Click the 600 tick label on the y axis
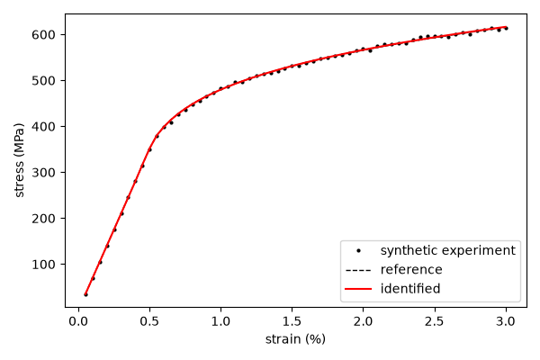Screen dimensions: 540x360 (43, 35)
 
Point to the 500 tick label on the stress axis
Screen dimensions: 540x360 (43, 81)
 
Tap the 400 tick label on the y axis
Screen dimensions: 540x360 (43, 127)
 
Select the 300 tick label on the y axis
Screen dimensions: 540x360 (43, 173)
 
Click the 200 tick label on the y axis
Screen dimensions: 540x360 (43, 219)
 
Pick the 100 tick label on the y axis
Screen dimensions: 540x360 (43, 265)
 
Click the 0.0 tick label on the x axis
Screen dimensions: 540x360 (78, 321)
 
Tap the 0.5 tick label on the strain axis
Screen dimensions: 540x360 (149, 321)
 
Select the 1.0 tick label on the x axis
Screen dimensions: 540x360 (220, 321)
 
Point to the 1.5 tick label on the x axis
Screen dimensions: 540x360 (292, 321)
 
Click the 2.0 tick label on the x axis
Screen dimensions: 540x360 (364, 321)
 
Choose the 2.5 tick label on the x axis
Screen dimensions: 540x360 (435, 321)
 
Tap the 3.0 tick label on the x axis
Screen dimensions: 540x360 (506, 321)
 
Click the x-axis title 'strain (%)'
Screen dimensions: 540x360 (295, 339)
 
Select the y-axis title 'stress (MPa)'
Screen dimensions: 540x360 (19, 160)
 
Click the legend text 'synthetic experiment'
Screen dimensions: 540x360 (447, 250)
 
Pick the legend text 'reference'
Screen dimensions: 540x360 (411, 269)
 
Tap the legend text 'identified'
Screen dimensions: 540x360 (410, 288)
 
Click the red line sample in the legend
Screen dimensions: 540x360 (358, 289)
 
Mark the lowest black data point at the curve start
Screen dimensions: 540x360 (85, 294)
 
